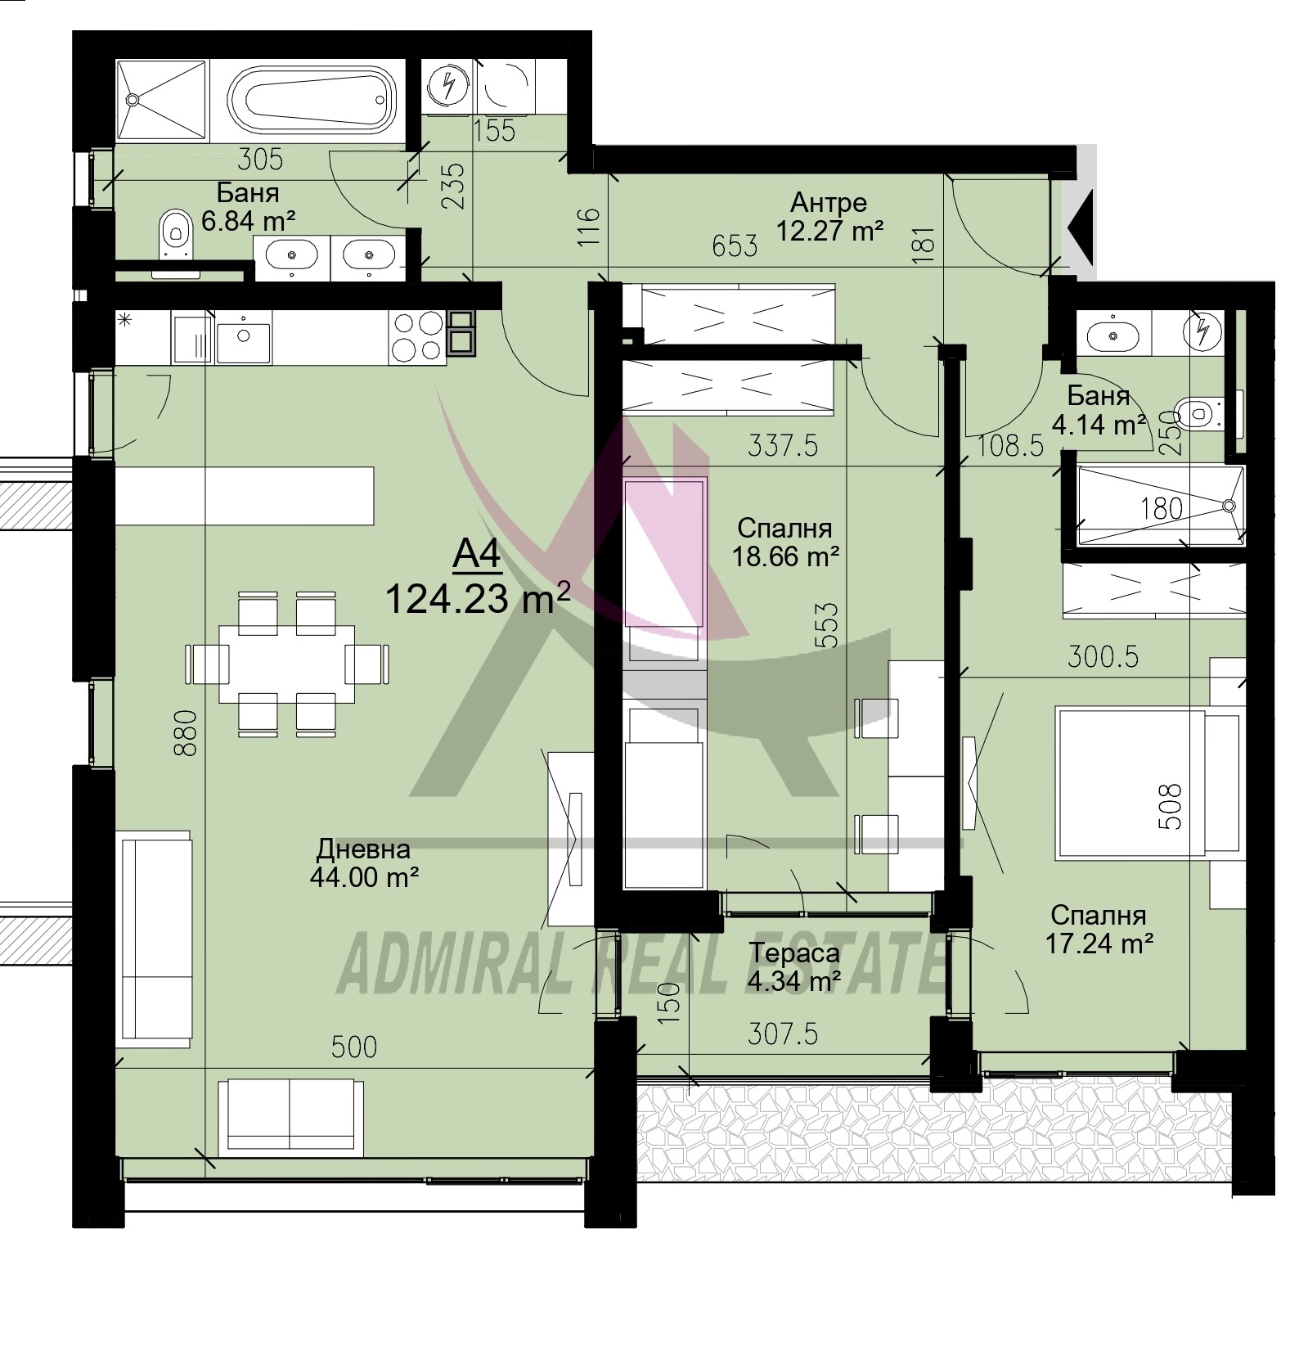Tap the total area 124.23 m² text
pos(477,600)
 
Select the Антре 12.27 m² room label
pos(829,217)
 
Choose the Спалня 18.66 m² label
pos(784,543)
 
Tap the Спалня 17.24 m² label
pos(1099,929)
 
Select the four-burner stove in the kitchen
pos(415,337)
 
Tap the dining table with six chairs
pos(287,664)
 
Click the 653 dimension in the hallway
pos(734,245)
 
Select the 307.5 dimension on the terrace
pos(783,1034)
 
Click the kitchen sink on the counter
pos(243,337)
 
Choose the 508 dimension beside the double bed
pos(1172,807)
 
